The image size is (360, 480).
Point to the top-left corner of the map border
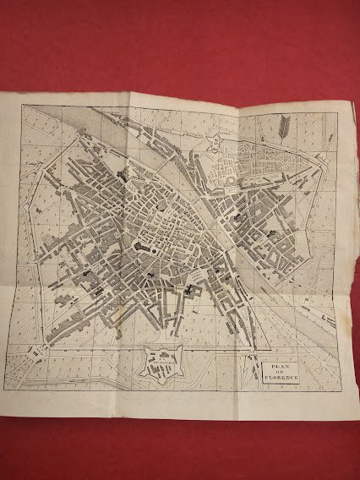click(x=21, y=105)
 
